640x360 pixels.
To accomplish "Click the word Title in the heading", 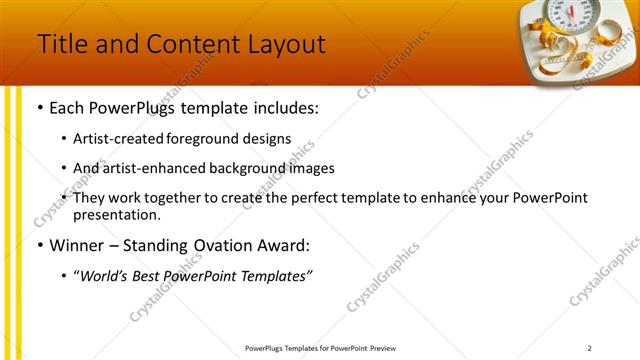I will click(59, 44).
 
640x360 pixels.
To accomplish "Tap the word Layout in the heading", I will click(283, 44).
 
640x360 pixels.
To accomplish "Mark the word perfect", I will click(300, 198).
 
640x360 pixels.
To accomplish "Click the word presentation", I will click(116, 215).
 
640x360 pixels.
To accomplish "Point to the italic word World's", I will click(105, 276).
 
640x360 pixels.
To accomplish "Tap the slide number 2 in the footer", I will click(589, 348).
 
